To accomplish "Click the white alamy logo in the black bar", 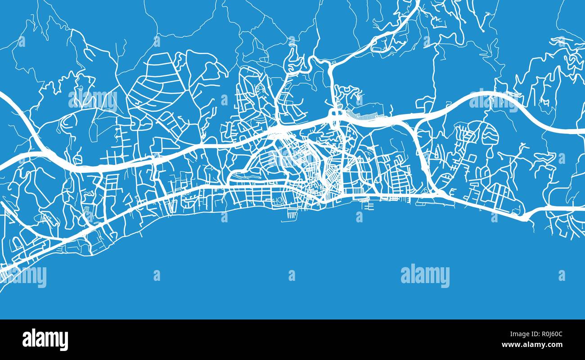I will point(45,340).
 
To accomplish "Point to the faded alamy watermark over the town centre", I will point(292,157).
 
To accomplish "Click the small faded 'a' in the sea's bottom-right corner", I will point(561,275).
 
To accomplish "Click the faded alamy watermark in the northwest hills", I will point(93,100).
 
